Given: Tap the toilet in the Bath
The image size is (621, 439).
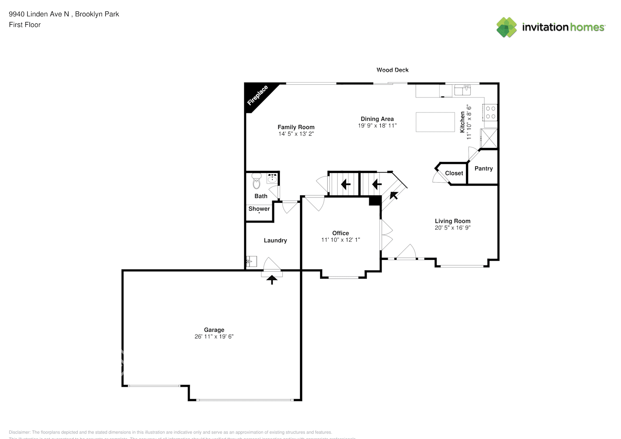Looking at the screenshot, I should point(256,181).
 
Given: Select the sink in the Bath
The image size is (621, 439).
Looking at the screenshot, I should point(272,178).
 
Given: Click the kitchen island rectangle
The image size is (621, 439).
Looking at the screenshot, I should point(435,122).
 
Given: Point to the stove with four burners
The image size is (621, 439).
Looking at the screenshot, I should point(490,112).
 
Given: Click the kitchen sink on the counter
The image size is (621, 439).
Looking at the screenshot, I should point(462,90).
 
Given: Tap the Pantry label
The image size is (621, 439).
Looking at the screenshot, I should point(484,169).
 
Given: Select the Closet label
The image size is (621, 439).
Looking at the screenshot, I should point(454,173).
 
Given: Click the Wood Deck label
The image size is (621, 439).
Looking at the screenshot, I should point(392,70).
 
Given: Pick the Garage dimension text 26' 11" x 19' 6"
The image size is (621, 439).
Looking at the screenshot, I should point(214,337).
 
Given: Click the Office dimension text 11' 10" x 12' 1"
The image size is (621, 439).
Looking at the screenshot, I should point(340,240).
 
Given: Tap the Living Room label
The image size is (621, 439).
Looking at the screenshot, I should point(452,221).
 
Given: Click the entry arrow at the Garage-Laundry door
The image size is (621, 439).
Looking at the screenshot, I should point(272,279).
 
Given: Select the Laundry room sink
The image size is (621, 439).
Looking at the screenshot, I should point(251,262).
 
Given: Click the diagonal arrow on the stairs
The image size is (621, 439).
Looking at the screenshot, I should point(394,194).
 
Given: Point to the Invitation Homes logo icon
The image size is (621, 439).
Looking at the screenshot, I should point(506,27).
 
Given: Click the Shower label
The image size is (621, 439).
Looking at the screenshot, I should point(259,209).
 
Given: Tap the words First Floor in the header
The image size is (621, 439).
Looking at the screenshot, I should point(25,25).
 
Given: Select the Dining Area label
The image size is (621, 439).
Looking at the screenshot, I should point(377,119).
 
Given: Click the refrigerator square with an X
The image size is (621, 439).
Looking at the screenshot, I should point(489,138).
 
